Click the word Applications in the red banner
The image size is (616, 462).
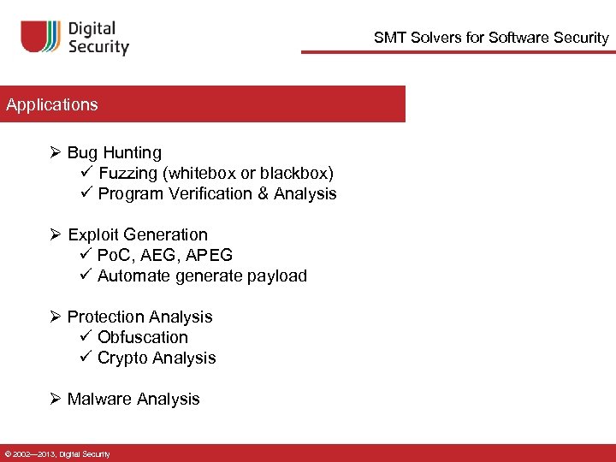coord(52,105)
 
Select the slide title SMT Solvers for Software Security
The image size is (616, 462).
coord(491,38)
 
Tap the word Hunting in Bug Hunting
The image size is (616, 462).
coord(132,153)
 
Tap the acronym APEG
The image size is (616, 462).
coord(210,256)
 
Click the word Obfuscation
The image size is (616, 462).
coord(142,338)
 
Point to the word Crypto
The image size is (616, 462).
coord(124,358)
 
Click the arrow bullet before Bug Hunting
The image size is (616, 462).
coord(56,153)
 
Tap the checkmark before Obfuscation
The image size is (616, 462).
coord(85,337)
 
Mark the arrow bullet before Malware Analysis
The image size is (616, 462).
coord(56,400)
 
